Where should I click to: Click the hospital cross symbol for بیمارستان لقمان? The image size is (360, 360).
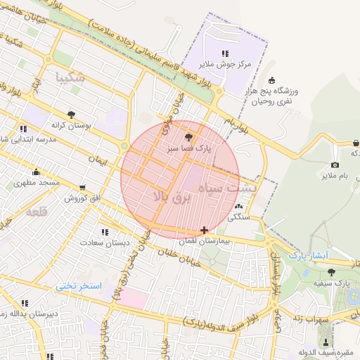(204, 230)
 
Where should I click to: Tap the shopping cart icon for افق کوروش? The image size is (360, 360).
(84, 188)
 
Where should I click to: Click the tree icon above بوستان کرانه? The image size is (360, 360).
(71, 114)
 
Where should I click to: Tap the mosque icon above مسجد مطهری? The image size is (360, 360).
(36, 172)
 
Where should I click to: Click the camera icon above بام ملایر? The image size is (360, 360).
(335, 165)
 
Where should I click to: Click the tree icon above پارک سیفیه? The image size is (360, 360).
(331, 272)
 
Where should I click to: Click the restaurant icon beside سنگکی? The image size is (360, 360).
(240, 207)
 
